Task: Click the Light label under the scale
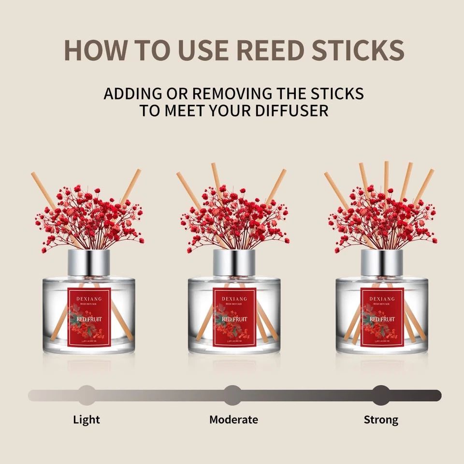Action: (87, 420)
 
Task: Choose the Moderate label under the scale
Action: (233, 420)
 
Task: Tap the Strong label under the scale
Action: (381, 420)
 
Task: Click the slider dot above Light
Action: (87, 395)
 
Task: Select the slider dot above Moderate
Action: (232, 395)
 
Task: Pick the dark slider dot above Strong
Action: (381, 395)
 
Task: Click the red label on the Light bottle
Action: (89, 317)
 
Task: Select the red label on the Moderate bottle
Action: (235, 317)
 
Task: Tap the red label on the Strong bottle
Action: (382, 317)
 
